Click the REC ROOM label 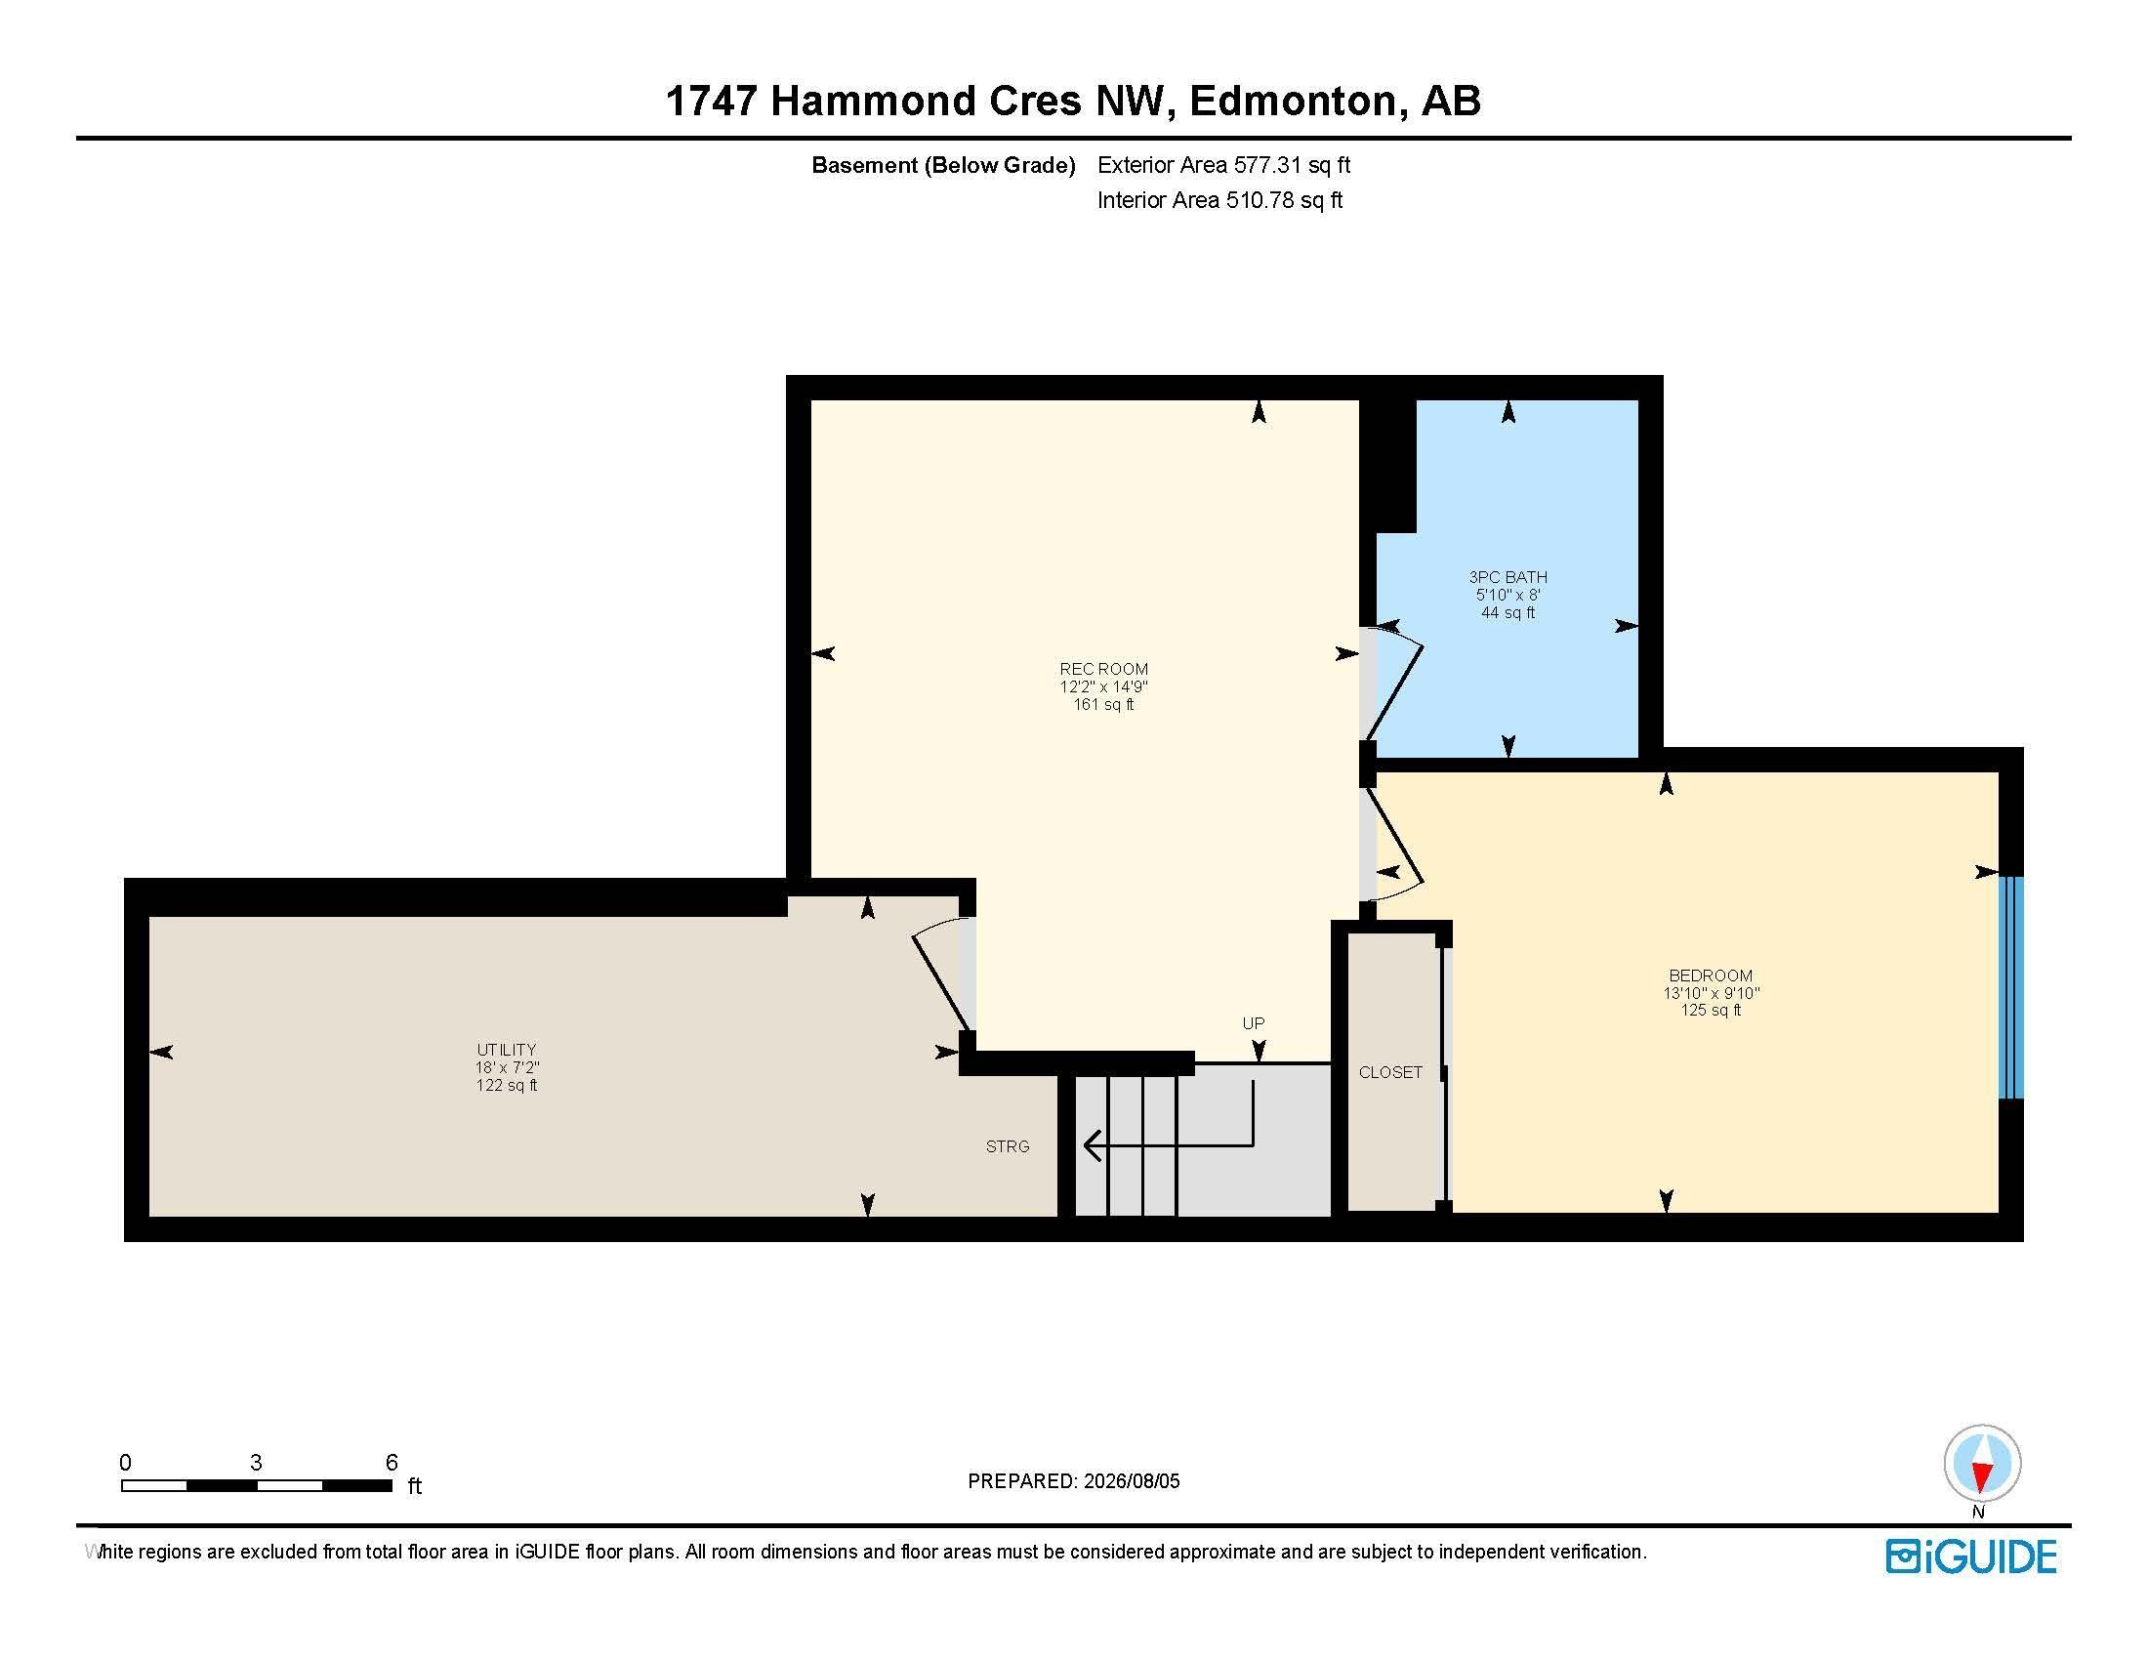pos(1103,669)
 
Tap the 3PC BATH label pos(1508,577)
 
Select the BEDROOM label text pos(1711,975)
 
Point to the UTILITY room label pos(507,1050)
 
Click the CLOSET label pos(1390,1072)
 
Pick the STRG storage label pos(1009,1145)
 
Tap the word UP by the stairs pos(1253,1022)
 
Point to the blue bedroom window pos(2011,987)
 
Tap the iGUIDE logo pos(1971,1556)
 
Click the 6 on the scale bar pos(392,1462)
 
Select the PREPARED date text pos(1074,1481)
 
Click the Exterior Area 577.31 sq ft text pos(1224,165)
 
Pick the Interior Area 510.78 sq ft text pos(1220,200)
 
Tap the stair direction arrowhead pos(1092,1145)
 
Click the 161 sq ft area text pos(1103,704)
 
